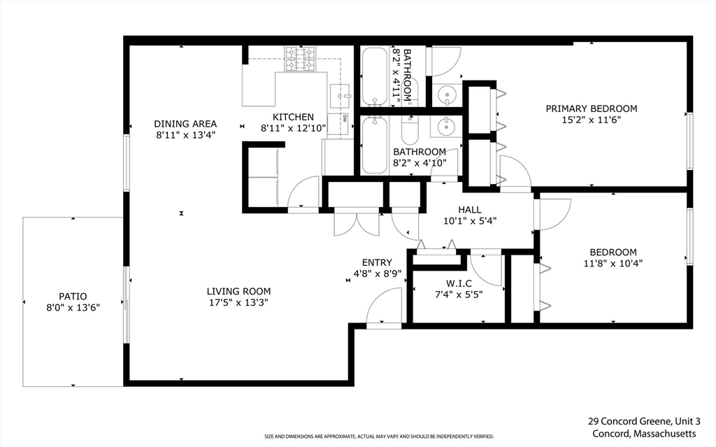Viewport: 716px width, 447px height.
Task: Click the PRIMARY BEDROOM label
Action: (592, 109)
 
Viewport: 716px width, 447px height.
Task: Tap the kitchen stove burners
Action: (301, 59)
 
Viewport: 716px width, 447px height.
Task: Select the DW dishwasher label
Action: (345, 118)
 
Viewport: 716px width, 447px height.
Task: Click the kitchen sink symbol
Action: (340, 96)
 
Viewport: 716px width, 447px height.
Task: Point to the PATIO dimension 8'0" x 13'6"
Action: (73, 308)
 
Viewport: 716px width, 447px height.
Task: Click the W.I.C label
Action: (459, 284)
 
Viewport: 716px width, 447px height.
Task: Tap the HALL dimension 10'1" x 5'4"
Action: (470, 221)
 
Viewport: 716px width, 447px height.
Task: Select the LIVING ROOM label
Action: (239, 291)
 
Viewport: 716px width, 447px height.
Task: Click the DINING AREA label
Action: (185, 124)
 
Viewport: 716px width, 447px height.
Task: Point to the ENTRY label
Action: (377, 263)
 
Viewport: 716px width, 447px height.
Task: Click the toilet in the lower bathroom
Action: (410, 129)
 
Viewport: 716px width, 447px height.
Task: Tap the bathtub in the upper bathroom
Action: (375, 77)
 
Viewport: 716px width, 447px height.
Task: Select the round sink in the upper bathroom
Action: (446, 94)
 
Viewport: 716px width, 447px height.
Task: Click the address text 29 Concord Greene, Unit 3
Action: (644, 421)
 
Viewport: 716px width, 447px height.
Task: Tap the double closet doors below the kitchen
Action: (357, 223)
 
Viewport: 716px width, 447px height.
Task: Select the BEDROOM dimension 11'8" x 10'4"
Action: (613, 263)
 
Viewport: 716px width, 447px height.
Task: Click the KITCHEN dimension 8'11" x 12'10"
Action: (293, 129)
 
